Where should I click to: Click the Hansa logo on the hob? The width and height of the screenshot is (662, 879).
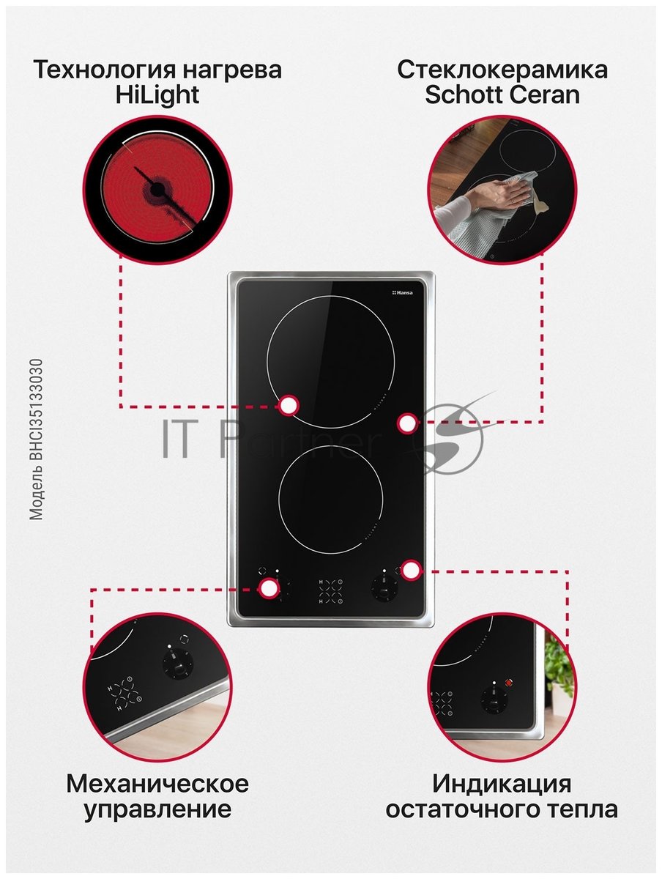click(402, 293)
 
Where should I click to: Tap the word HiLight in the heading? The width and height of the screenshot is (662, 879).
click(157, 95)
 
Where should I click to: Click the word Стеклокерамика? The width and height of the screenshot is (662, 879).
click(502, 70)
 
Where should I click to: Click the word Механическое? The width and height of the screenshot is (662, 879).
click(157, 783)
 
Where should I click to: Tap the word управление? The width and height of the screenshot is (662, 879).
click(157, 809)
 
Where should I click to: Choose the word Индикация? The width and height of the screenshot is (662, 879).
click(502, 783)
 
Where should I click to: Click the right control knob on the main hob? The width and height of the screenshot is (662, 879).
click(384, 588)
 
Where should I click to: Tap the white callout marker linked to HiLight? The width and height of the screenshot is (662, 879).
click(289, 406)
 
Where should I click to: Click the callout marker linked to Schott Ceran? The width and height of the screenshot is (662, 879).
click(407, 423)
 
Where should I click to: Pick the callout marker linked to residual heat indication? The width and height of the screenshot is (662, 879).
click(410, 569)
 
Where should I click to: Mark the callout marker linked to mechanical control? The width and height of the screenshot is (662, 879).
click(269, 588)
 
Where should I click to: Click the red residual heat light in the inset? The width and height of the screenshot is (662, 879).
click(508, 683)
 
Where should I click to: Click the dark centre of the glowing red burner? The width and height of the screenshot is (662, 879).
click(157, 189)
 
